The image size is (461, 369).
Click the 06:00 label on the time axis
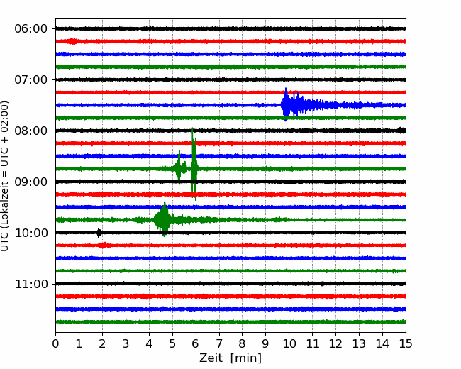click(31, 29)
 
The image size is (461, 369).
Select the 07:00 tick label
click(31, 79)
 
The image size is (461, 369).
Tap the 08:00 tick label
click(31, 131)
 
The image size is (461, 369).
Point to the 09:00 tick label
click(31, 182)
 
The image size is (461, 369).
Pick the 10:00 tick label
click(31, 233)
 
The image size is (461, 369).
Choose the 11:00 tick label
click(31, 284)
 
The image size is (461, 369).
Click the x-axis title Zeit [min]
click(230, 358)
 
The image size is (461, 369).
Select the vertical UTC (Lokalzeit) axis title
click(5, 176)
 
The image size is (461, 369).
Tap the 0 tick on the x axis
click(55, 343)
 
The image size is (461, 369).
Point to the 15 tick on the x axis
click(406, 343)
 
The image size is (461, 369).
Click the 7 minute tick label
click(219, 343)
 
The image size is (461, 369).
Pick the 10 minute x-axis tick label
click(289, 343)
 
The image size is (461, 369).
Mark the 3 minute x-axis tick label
click(126, 343)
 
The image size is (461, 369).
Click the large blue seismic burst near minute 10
click(294, 105)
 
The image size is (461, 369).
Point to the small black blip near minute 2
click(99, 233)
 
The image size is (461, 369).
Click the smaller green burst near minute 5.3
click(179, 167)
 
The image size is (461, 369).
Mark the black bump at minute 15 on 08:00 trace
click(402, 130)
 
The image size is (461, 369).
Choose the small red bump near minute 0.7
click(72, 41)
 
